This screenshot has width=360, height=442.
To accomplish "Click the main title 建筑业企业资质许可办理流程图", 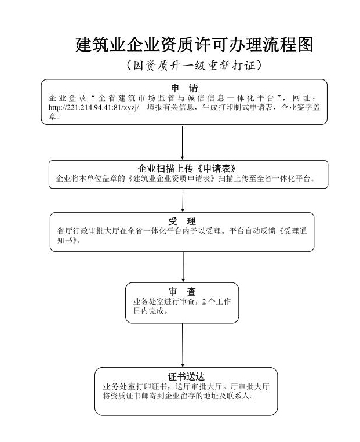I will pyautogui.click(x=194, y=45).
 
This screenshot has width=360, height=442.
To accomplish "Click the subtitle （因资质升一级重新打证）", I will pyautogui.click(x=194, y=66).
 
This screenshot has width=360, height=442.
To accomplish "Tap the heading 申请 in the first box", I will pyautogui.click(x=184, y=88).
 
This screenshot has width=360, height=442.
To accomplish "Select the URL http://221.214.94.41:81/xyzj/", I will pyautogui.click(x=94, y=107).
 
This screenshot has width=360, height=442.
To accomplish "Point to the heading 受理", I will pyautogui.click(x=181, y=221).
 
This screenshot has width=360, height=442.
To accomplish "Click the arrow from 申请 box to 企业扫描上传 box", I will pyautogui.click(x=183, y=142).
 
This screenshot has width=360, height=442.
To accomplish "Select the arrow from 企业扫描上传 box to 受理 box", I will pyautogui.click(x=183, y=200).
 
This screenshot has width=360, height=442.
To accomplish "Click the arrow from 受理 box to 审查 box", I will pyautogui.click(x=183, y=267).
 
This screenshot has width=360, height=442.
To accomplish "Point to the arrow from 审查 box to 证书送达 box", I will pyautogui.click(x=183, y=345).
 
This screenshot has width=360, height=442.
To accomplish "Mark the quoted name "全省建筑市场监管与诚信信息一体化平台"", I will pyautogui.click(x=186, y=97).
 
